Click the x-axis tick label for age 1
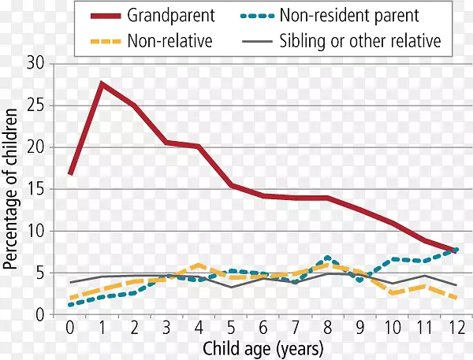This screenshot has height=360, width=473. pos(102,327)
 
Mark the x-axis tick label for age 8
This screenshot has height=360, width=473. pos(327,327)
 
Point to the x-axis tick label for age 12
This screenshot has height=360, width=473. pos(456,327)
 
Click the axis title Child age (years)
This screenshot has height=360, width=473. pos(263,347)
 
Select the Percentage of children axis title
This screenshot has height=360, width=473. pos(11,189)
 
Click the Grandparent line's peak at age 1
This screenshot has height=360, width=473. pos(102,83)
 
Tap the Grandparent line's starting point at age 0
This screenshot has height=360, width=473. pos(70,174)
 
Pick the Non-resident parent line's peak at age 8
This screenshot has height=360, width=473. pos(327,258)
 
